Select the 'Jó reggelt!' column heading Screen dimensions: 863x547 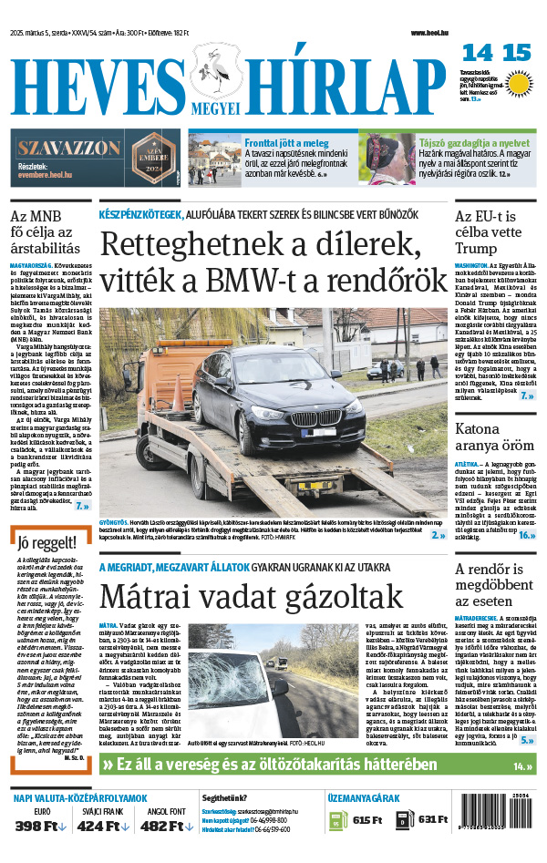pos(45,545)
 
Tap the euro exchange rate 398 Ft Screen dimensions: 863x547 pos(40,827)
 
